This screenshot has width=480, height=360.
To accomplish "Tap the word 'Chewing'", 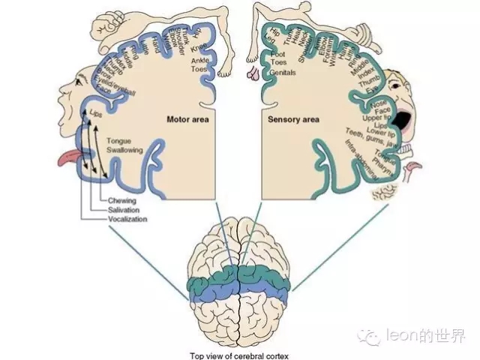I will (x=123, y=201).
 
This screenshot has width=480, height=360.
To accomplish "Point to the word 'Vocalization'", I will (x=127, y=219).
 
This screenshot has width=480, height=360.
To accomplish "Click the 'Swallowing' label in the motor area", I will (x=124, y=150).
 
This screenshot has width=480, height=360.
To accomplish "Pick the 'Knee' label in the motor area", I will (x=199, y=47).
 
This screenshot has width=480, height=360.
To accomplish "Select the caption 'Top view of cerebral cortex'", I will (x=238, y=355).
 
